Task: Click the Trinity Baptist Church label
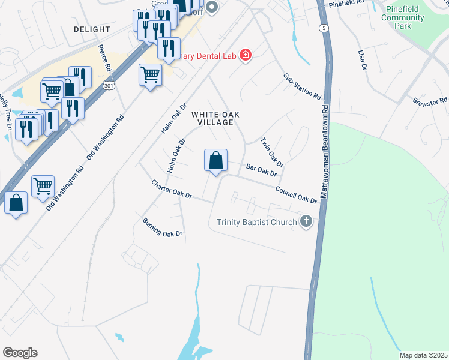(257, 223)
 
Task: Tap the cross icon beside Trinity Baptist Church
(306, 222)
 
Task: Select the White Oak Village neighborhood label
(212, 118)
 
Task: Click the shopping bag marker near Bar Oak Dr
(215, 160)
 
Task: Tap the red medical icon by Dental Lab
(245, 56)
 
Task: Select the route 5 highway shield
(324, 28)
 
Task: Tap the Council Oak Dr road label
(295, 194)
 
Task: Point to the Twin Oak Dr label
(271, 152)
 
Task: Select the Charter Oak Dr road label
(172, 190)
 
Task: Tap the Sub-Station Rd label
(302, 87)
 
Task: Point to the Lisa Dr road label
(362, 60)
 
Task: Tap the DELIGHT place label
(92, 29)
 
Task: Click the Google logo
(20, 353)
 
